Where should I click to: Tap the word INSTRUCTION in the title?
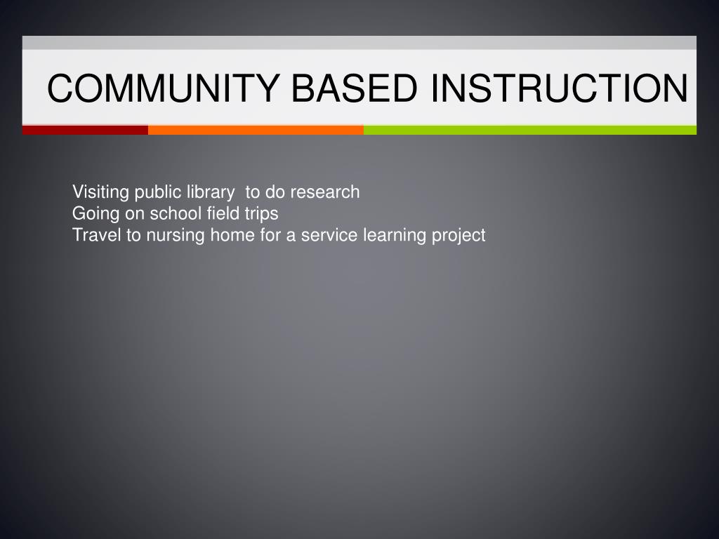point(560,89)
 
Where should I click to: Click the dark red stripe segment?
point(85,130)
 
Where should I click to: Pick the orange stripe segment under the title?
point(256,130)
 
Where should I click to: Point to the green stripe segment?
point(529,130)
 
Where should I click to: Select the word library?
point(211,192)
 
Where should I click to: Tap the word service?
point(330,235)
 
